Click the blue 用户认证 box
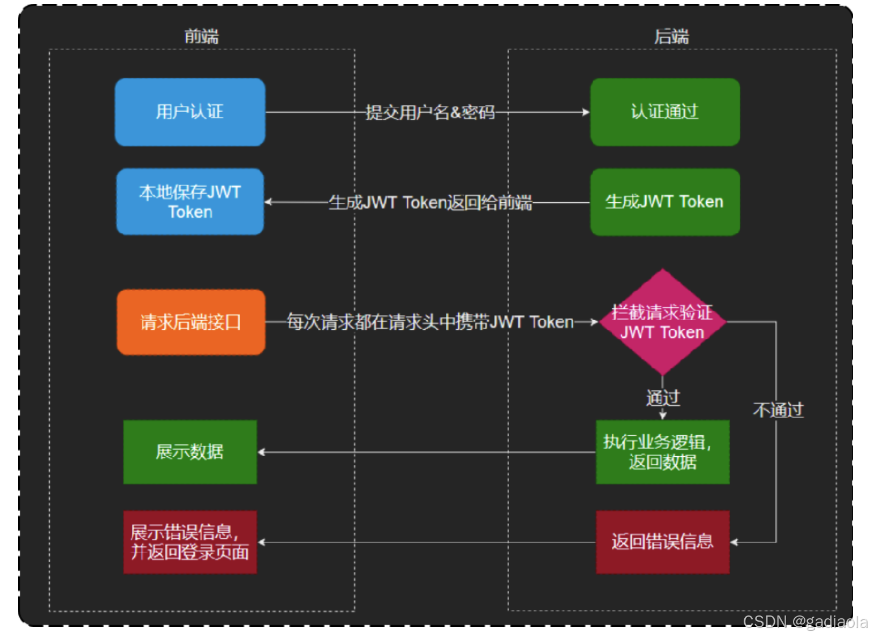coord(190,112)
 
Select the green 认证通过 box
coord(664,112)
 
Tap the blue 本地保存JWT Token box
coord(190,202)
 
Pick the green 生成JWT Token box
coord(664,202)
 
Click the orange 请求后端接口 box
coord(191,322)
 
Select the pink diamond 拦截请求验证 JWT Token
coord(662,322)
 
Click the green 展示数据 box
coord(190,452)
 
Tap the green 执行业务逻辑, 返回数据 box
coord(662,452)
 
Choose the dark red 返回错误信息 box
coord(662,542)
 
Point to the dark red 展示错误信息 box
coord(190,542)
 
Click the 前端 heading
coord(202,36)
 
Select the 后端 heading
coord(671,36)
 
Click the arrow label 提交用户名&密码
coord(430,112)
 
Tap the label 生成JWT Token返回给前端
coord(430,202)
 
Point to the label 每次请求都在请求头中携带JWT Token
coord(430,322)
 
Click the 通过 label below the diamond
coord(663,398)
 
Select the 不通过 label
coord(778,410)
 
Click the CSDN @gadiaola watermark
coord(804,622)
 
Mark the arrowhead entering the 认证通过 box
coord(586,112)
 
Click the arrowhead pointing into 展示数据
coord(262,452)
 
